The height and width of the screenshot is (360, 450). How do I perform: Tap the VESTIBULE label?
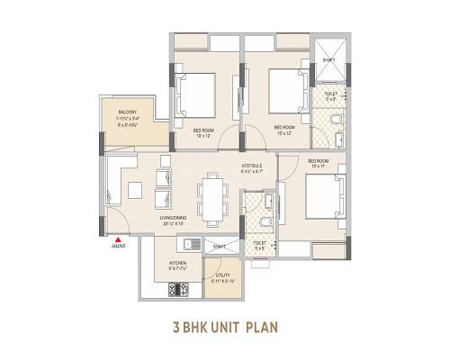point(253,166)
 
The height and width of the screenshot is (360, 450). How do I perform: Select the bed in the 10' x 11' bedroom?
point(323,193)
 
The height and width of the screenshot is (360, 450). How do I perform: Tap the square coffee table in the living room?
point(134,191)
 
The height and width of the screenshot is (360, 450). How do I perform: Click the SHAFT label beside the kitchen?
point(219,244)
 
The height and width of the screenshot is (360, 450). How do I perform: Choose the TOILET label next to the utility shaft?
point(259,243)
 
